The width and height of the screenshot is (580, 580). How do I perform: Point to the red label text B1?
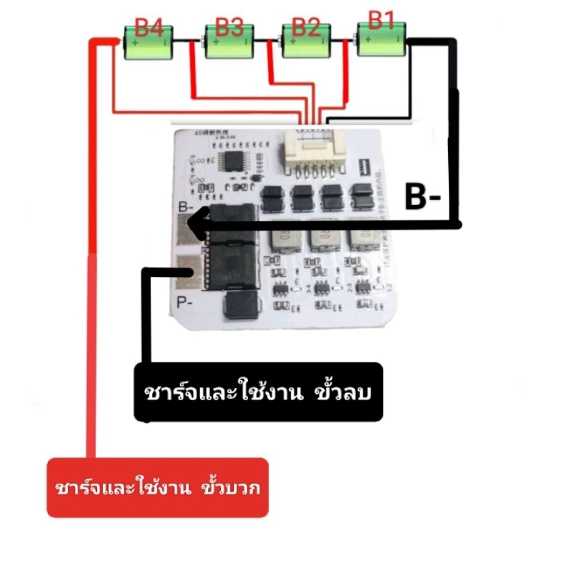[x=381, y=20]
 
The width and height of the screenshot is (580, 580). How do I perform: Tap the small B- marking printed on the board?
[x=185, y=208]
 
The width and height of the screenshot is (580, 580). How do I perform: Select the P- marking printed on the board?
[x=184, y=301]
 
